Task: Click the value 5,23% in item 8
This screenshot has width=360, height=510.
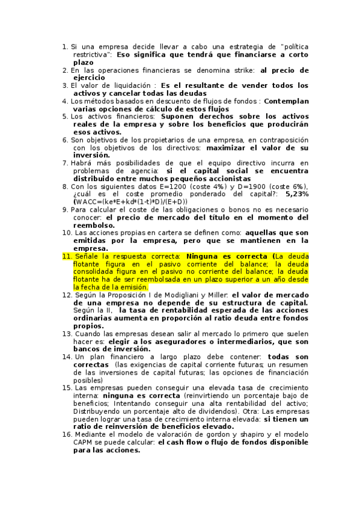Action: coord(297,194)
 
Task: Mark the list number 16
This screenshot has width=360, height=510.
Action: coord(67,434)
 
